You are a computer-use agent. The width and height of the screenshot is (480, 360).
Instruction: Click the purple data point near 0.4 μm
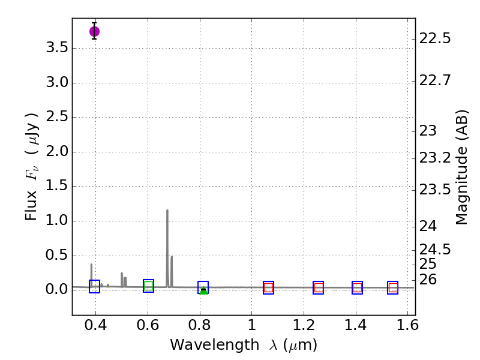[x=94, y=31]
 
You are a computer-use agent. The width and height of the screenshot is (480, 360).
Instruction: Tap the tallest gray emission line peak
[x=167, y=211]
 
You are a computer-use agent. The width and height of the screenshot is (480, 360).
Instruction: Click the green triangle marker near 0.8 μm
[x=203, y=291]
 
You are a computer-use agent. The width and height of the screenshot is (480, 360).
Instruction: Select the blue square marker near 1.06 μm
[x=268, y=288]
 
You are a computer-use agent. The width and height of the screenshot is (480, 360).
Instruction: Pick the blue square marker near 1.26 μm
[x=319, y=288]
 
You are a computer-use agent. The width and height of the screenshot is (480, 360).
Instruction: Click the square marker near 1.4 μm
[x=357, y=288]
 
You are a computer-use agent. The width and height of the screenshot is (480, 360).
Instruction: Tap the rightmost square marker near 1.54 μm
[x=393, y=288]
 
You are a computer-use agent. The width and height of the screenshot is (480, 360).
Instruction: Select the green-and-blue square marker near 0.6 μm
[x=149, y=286]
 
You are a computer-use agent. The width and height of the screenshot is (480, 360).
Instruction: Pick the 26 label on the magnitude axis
[x=428, y=280]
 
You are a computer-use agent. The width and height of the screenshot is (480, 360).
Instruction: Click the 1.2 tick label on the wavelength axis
[x=304, y=328]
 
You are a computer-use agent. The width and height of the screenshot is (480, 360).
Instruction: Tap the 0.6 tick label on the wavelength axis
[x=148, y=328]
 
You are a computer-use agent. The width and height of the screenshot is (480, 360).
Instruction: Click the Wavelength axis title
[x=244, y=345]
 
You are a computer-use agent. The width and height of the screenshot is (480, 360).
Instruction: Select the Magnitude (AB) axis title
[x=461, y=170]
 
